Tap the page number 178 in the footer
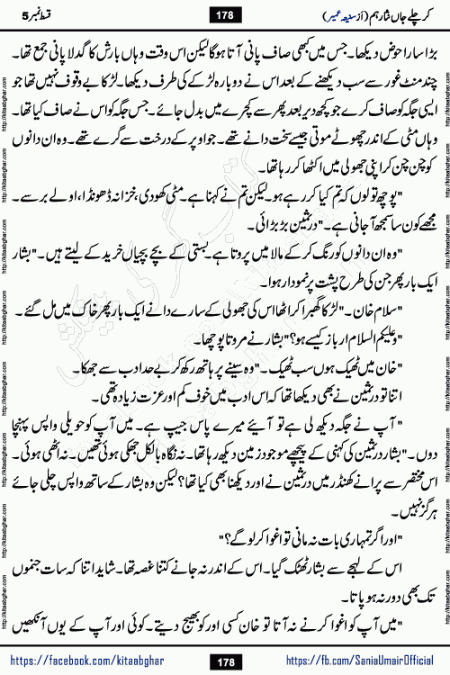[224, 661]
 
